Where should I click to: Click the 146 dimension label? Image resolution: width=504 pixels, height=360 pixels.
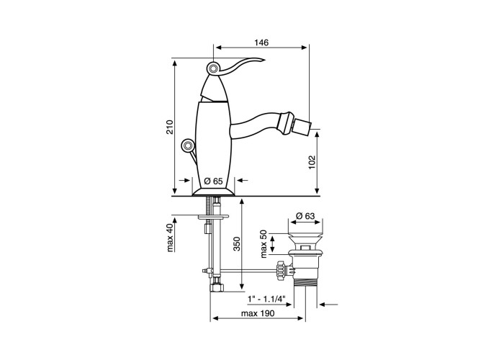261,42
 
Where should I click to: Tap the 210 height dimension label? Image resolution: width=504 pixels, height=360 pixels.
170,127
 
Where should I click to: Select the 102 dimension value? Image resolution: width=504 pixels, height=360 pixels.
312,162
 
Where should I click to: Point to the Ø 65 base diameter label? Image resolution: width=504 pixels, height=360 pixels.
213,181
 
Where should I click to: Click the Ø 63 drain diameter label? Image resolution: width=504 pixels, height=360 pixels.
305,216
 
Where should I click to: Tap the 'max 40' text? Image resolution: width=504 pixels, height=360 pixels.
170,238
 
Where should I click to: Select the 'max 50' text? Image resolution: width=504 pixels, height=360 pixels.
264,244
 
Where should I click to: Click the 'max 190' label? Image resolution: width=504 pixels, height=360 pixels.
258,313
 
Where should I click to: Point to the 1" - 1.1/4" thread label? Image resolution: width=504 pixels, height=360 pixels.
266,299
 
